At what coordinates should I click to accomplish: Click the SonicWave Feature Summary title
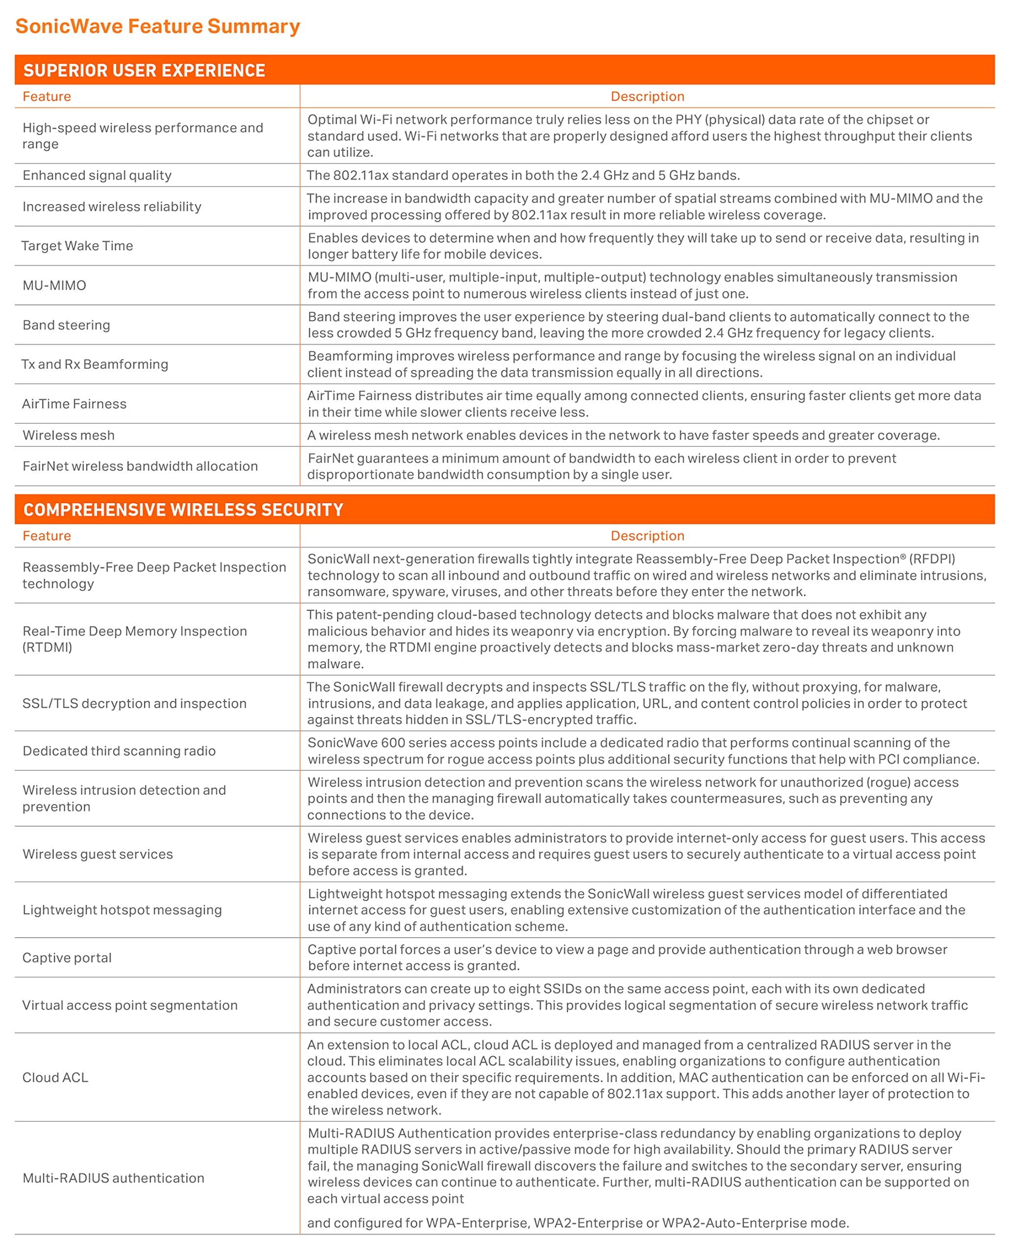point(157,26)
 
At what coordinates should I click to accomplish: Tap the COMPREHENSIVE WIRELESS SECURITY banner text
point(183,510)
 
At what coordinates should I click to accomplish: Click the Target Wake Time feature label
point(77,246)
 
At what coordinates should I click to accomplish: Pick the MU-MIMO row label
point(54,285)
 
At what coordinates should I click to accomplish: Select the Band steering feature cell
point(66,325)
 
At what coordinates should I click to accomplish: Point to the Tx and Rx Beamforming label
point(95,365)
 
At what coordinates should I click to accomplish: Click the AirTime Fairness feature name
point(74,404)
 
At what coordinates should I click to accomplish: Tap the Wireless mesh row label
point(69,436)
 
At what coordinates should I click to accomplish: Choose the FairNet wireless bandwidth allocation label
point(140,466)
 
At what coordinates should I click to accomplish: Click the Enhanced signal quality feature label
point(97,176)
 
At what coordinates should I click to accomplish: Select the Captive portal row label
point(67,958)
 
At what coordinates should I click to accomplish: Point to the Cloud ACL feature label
point(55,1077)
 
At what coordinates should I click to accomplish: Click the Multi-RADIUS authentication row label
point(114,1178)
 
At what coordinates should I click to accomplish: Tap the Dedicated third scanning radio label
point(119,751)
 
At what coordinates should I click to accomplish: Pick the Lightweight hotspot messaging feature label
point(122,910)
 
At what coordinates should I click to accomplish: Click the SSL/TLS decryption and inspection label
point(134,703)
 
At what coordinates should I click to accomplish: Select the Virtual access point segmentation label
point(130,1005)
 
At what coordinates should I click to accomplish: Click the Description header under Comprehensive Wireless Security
point(647,536)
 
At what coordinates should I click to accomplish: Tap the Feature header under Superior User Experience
point(47,96)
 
